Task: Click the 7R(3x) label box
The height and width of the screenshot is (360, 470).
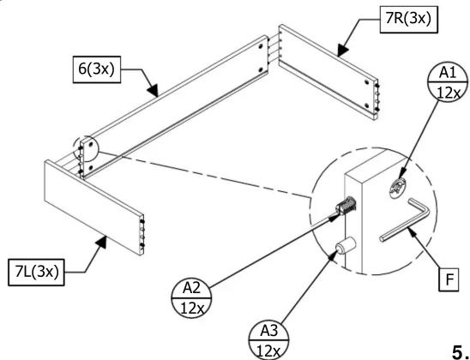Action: (x=408, y=20)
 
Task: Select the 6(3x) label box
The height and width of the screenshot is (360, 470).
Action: (x=97, y=69)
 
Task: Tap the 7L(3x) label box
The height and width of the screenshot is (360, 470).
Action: (x=36, y=273)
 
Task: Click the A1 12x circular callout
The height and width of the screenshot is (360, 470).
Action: (x=448, y=81)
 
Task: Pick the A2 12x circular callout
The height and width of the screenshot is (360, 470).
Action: (x=191, y=297)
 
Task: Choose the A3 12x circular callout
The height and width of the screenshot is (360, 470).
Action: (x=269, y=340)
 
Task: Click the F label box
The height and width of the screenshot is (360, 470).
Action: (x=449, y=279)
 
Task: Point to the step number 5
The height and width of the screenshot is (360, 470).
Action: (x=459, y=351)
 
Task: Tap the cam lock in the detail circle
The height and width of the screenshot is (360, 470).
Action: (x=397, y=189)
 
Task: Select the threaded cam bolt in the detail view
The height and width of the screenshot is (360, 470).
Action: (x=346, y=206)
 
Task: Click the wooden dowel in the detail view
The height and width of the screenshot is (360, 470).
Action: (x=346, y=245)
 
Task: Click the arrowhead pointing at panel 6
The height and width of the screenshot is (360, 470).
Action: (x=154, y=91)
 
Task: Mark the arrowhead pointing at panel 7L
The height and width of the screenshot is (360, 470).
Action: (x=103, y=242)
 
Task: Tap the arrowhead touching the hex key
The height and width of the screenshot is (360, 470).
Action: (x=413, y=232)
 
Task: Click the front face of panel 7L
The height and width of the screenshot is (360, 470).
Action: (x=93, y=207)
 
